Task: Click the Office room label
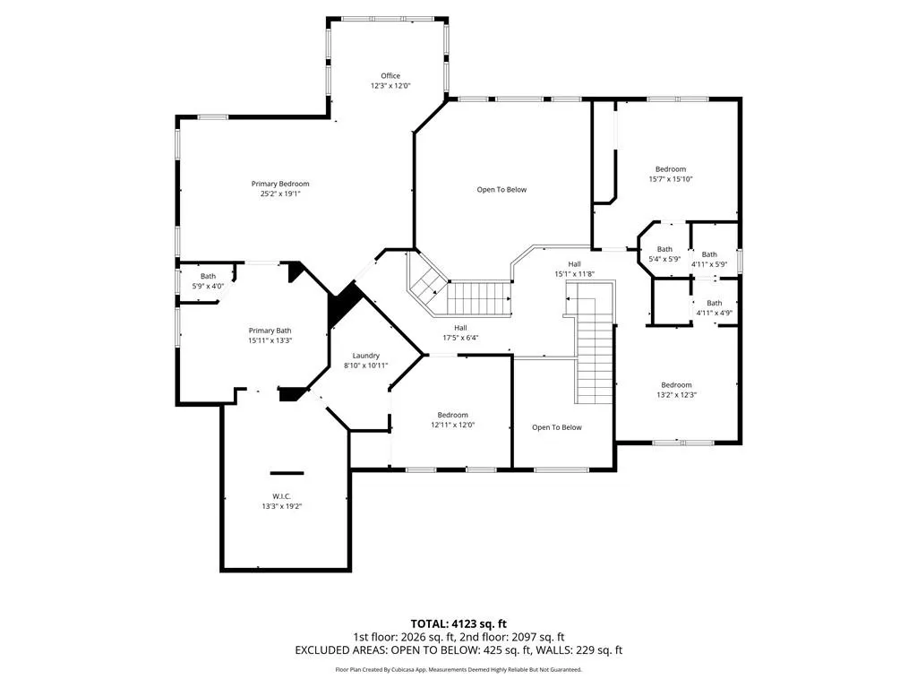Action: tap(390, 75)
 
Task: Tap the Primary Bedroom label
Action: tap(280, 184)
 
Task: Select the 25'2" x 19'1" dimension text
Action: tap(280, 193)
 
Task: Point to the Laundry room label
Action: tap(366, 356)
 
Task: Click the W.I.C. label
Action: tap(281, 496)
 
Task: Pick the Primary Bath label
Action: tap(270, 331)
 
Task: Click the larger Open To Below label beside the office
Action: tap(501, 190)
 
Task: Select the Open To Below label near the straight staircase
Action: tap(557, 427)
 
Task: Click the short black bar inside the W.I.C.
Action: tap(287, 473)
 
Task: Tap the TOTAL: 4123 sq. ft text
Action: tap(458, 623)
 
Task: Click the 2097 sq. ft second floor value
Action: tap(537, 637)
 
